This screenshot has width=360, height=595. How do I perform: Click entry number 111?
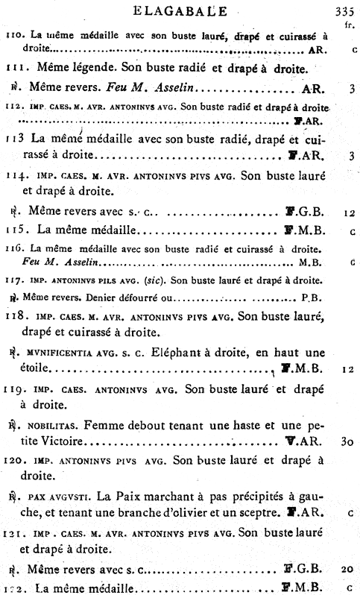[15, 69]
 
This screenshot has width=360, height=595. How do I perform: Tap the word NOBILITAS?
[52, 425]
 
